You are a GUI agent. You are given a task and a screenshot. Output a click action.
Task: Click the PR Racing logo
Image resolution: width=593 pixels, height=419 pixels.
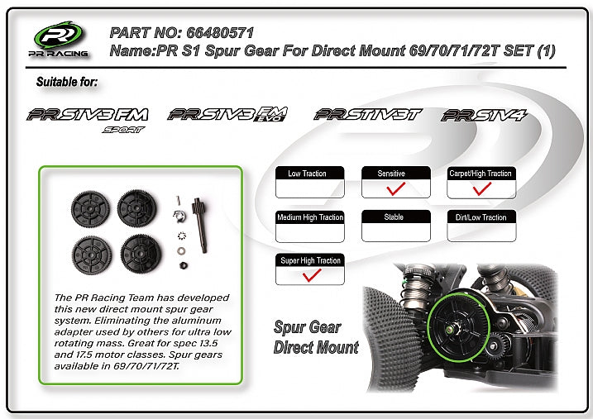tap(59, 40)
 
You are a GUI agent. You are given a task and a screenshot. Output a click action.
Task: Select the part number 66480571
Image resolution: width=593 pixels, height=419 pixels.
tap(220, 33)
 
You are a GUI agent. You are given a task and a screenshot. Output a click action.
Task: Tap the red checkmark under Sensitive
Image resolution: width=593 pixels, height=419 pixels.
tap(396, 188)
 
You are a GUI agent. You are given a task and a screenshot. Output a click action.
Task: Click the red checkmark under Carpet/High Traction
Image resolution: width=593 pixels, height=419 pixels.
tap(482, 188)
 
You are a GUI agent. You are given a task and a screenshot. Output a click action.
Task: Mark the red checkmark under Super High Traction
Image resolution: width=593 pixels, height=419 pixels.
tap(312, 275)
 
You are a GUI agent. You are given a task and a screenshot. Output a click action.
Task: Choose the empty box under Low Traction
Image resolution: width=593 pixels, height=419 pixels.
tap(310, 188)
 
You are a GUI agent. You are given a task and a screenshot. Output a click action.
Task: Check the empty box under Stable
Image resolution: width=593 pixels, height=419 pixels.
tap(396, 232)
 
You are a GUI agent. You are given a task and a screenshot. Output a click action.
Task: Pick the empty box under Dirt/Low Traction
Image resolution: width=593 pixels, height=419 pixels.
tap(481, 232)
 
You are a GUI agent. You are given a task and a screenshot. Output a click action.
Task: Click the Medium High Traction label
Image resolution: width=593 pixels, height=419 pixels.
tap(310, 217)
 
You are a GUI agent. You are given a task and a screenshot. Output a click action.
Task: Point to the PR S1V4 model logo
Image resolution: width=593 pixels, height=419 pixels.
tap(484, 115)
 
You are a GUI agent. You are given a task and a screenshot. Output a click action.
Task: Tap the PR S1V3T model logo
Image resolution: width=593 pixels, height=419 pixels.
tap(367, 114)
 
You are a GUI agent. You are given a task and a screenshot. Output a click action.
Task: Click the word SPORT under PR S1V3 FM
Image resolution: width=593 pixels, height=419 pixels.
tap(123, 130)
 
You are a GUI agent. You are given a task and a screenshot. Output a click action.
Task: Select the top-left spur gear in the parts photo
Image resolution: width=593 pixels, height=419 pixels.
tap(90, 209)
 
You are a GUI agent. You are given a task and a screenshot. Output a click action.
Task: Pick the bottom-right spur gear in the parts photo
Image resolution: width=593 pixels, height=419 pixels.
tap(141, 254)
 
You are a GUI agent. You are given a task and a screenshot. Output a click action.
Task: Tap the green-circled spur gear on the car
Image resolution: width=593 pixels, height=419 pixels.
tap(459, 326)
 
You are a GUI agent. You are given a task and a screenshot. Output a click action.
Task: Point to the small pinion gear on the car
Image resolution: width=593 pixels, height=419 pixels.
tap(496, 345)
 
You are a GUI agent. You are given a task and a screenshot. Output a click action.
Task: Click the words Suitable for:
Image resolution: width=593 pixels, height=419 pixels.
tap(67, 82)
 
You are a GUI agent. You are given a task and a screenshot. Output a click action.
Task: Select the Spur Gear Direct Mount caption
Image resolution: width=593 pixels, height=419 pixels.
tap(316, 337)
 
